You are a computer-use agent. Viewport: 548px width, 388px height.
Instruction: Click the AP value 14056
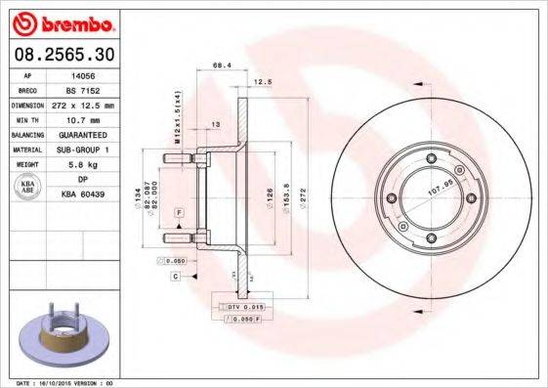[x=80, y=73]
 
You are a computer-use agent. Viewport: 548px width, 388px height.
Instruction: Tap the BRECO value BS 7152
[x=82, y=88]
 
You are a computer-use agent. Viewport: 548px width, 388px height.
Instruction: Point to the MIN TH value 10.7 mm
[x=82, y=118]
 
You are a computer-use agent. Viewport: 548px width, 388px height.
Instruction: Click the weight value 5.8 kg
[x=80, y=164]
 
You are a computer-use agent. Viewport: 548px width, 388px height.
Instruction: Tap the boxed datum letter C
[x=176, y=278]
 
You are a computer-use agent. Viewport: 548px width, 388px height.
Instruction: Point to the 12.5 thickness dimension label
[x=262, y=83]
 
